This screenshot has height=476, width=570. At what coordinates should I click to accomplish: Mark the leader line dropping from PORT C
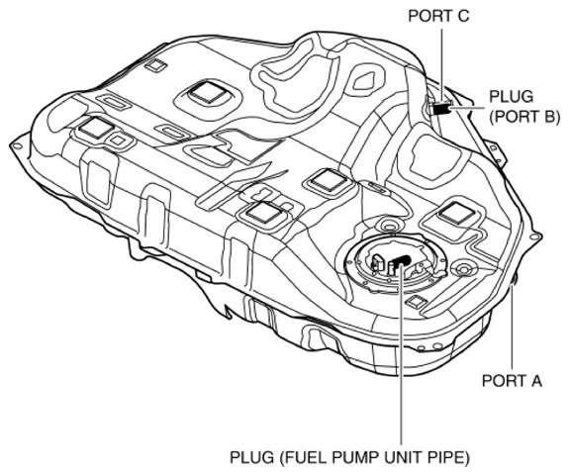(x=436, y=59)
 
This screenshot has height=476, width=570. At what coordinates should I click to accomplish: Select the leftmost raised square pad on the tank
(x=96, y=127)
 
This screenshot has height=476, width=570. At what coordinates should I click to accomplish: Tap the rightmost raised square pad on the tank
(x=456, y=212)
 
